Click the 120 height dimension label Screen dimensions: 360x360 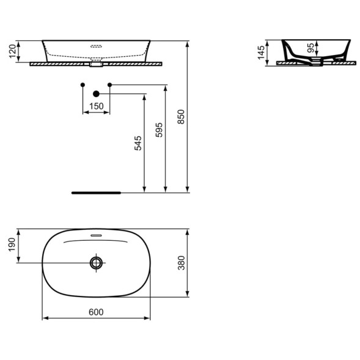[x=13, y=51]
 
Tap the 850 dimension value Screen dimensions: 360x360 [x=181, y=117]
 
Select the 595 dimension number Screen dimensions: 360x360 [x=159, y=130]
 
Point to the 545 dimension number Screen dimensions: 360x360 [x=138, y=143]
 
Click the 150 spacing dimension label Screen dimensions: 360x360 [x=97, y=106]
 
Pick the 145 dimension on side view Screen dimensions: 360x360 [x=261, y=53]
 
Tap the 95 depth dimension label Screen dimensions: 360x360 [x=310, y=48]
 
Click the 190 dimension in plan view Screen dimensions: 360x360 [x=12, y=244]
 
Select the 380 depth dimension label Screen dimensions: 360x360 [x=182, y=263]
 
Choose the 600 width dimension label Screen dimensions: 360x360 [x=96, y=312]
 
